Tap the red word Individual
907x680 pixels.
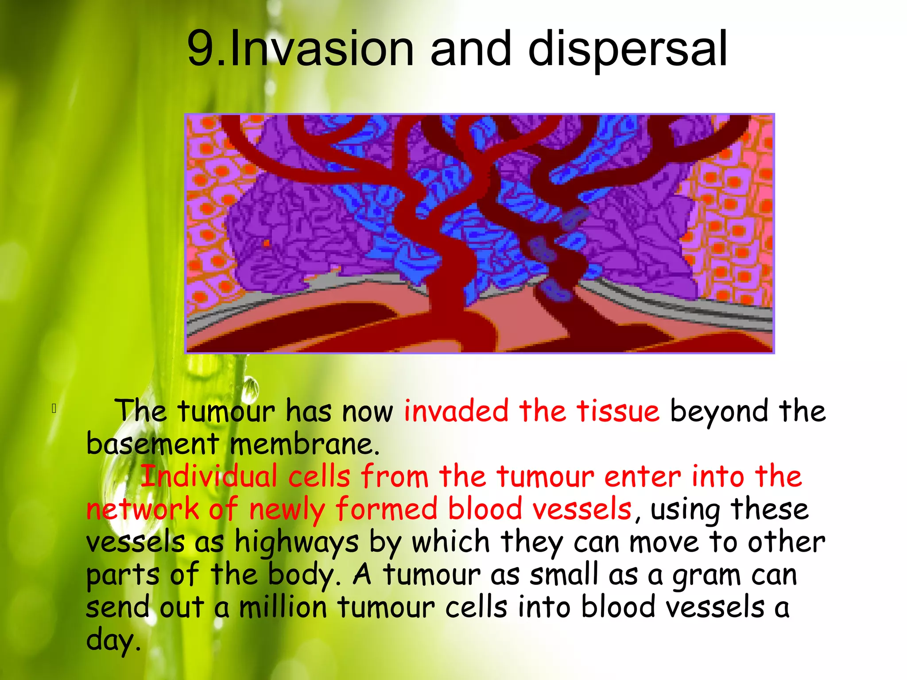209,476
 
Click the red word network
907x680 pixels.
142,509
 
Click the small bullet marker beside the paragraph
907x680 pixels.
54,408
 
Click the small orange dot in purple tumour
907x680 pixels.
267,243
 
